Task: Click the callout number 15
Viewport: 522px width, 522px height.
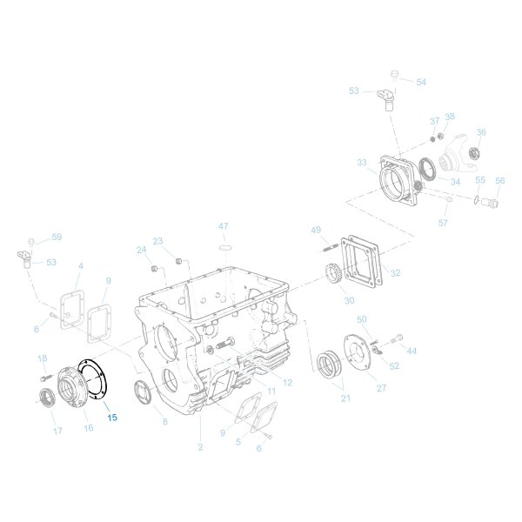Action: (111, 418)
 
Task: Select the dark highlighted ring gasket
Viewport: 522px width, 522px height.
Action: (90, 382)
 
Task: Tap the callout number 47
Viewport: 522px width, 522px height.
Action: (224, 226)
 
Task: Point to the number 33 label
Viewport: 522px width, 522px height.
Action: (362, 163)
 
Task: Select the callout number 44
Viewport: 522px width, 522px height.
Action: (412, 351)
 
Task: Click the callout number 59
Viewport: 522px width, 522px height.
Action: (57, 237)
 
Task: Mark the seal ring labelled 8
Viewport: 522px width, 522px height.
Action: (144, 391)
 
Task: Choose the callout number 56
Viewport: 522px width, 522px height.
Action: (499, 181)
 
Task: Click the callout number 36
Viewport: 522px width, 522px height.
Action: (480, 132)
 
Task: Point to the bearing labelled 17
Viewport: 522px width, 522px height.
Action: (45, 399)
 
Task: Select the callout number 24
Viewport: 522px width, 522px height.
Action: (142, 250)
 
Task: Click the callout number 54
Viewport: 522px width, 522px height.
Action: (421, 82)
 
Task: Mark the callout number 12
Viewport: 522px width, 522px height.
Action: (287, 382)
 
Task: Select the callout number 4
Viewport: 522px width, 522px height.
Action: (81, 265)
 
